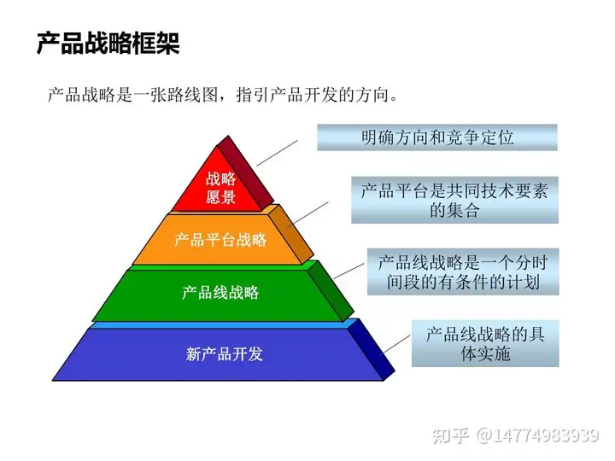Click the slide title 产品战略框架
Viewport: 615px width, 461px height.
point(108,44)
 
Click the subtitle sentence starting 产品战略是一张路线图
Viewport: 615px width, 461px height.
point(223,95)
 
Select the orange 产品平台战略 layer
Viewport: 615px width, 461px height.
point(220,240)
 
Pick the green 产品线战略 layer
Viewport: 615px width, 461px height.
point(220,293)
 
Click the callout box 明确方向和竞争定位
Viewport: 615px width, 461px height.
point(436,137)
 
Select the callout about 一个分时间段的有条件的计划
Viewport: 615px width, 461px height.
point(462,271)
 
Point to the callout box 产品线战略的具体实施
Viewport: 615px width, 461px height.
point(484,342)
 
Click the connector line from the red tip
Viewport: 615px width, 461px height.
point(277,151)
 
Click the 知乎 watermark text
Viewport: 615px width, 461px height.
point(451,435)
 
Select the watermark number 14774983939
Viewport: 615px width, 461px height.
point(547,435)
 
